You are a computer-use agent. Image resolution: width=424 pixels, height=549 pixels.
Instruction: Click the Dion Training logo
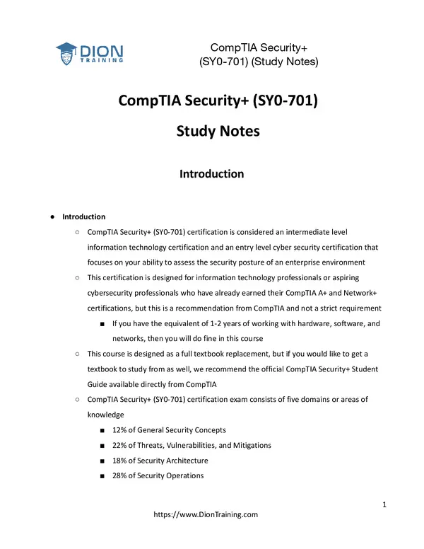(x=90, y=53)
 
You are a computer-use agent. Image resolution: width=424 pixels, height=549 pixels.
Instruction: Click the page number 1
(x=384, y=504)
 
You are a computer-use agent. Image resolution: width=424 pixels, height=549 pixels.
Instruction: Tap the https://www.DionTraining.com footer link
(x=206, y=515)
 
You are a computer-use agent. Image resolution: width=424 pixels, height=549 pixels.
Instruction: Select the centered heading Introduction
(x=211, y=173)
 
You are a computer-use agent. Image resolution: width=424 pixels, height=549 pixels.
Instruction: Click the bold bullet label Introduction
(x=84, y=216)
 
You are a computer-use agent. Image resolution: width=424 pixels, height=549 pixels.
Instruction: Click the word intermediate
(x=312, y=232)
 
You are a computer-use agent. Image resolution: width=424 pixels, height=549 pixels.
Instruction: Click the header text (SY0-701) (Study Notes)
(x=258, y=62)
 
